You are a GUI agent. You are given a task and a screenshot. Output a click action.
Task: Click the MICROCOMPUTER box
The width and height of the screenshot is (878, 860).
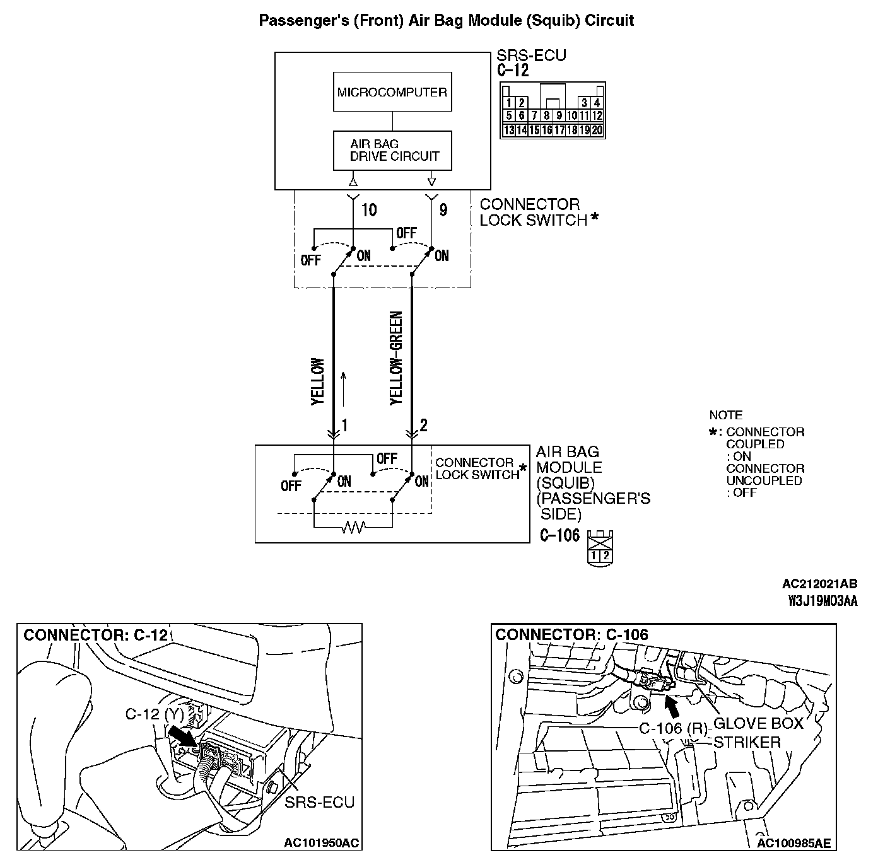pyautogui.click(x=392, y=93)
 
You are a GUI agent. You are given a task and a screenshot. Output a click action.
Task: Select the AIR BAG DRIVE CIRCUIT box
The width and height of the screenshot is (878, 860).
pyautogui.click(x=392, y=151)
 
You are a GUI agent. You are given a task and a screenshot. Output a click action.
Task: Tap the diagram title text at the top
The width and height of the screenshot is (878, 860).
pyautogui.click(x=447, y=20)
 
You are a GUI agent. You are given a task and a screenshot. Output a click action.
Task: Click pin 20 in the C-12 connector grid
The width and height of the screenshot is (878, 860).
pyautogui.click(x=597, y=131)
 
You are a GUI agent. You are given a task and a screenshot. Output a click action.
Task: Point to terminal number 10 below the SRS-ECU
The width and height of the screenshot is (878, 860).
pyautogui.click(x=369, y=210)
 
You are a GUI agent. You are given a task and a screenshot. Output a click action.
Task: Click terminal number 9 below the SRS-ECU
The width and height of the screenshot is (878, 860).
pyautogui.click(x=443, y=210)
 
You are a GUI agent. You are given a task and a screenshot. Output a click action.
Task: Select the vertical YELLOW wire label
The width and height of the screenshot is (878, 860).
pyautogui.click(x=317, y=381)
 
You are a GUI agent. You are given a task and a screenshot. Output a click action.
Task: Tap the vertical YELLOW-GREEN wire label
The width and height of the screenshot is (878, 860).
pyautogui.click(x=396, y=357)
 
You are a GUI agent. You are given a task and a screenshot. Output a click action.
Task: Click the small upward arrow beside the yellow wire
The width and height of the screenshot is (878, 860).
pyautogui.click(x=344, y=388)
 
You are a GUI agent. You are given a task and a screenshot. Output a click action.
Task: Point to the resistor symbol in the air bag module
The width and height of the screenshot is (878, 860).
pyautogui.click(x=353, y=527)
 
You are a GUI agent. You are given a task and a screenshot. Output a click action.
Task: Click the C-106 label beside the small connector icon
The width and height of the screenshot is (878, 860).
pyautogui.click(x=559, y=536)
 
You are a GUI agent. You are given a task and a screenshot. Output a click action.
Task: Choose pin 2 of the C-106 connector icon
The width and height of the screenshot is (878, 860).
pyautogui.click(x=606, y=555)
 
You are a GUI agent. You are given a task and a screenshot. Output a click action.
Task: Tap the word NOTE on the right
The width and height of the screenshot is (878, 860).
pyautogui.click(x=726, y=415)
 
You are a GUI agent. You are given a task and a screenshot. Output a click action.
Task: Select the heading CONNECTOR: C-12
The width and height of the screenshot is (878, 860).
pyautogui.click(x=96, y=635)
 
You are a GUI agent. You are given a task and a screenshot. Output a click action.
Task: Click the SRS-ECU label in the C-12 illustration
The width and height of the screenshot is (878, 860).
pyautogui.click(x=319, y=802)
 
